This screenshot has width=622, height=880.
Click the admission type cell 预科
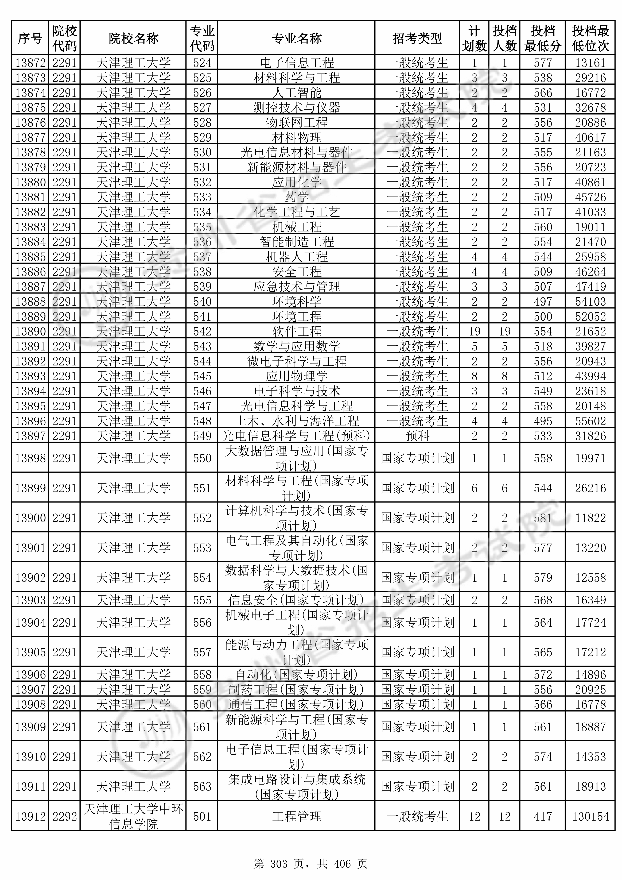[x=417, y=436]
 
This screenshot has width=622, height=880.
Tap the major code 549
[x=202, y=436]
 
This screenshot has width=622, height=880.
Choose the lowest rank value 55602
[x=590, y=421]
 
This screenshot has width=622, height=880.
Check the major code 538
[x=202, y=272]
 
